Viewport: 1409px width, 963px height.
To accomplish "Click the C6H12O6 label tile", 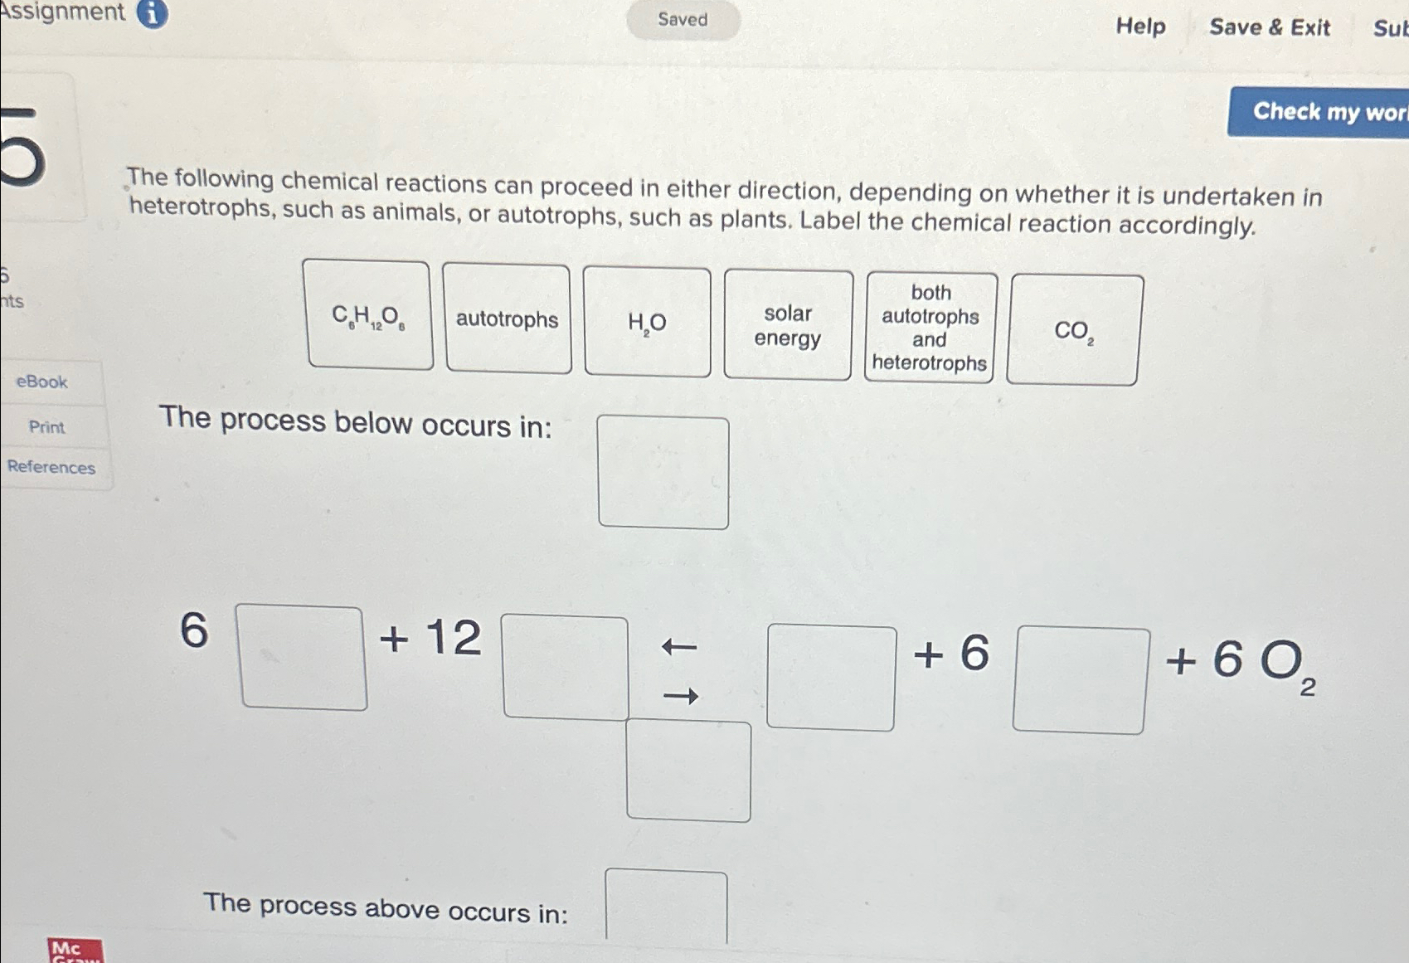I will click(368, 315).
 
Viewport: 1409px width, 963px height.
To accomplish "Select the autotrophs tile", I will click(507, 319).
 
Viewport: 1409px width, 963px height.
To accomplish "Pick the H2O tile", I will click(647, 323).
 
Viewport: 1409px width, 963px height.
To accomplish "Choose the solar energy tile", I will click(788, 325).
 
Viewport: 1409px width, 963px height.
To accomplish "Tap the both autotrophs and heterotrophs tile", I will click(930, 328).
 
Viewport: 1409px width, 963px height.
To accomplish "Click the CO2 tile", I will click(1074, 330).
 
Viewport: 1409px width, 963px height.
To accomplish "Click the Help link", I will click(1140, 27).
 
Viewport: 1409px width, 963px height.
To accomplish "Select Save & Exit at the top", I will click(1269, 27).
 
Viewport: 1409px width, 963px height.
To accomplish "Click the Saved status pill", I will click(683, 20).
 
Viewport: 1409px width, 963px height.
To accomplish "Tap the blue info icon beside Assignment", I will click(152, 12).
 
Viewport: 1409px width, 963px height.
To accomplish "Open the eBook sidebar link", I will click(42, 382).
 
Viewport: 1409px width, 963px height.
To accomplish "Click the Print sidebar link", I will click(46, 427).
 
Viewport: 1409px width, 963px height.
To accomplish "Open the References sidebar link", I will click(51, 467).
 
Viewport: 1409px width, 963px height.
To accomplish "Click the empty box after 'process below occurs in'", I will click(663, 472).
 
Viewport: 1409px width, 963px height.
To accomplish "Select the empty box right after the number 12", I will click(565, 667).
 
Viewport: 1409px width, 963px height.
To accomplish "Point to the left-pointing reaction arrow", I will click(679, 646).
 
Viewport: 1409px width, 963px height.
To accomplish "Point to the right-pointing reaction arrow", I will click(681, 696).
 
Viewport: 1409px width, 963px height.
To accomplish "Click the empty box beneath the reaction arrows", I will click(688, 771).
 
